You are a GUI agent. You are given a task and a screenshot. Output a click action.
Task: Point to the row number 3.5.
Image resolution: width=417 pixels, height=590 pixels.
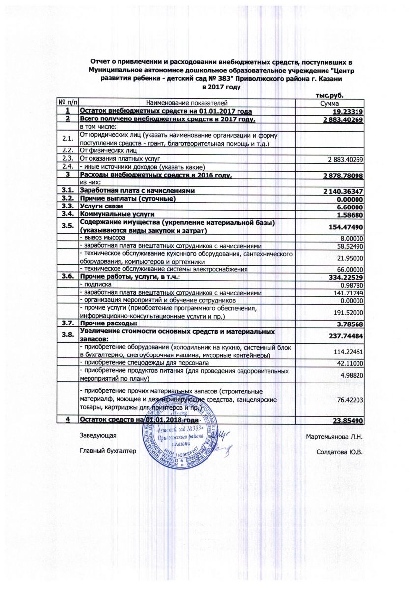68,226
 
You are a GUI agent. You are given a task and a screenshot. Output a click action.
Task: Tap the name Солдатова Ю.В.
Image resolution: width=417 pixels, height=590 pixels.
340,452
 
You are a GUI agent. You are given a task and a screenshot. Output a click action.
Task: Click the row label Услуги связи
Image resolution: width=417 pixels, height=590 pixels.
101,206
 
